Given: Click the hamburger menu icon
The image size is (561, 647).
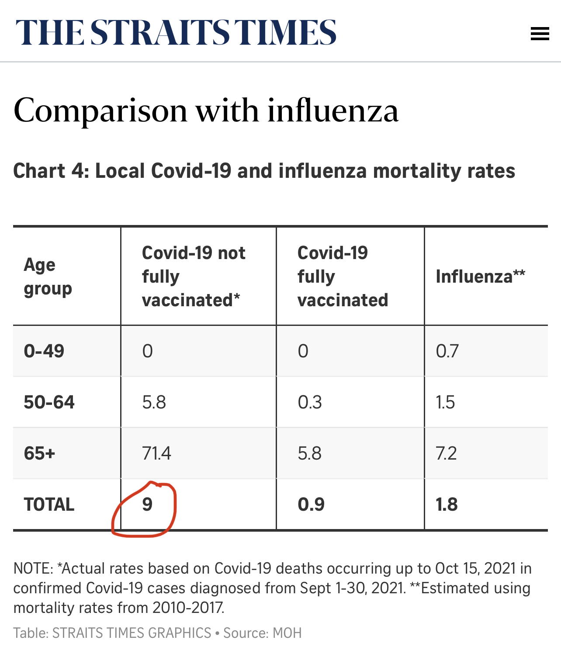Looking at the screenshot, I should (x=540, y=34).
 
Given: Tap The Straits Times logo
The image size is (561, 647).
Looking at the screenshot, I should (x=176, y=33).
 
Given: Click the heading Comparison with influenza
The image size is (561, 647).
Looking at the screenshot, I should (x=206, y=111).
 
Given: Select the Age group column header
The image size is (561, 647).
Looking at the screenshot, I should (x=48, y=277).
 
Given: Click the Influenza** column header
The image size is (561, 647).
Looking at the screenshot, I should (x=480, y=277).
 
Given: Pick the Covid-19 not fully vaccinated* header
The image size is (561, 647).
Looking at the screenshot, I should (x=194, y=277).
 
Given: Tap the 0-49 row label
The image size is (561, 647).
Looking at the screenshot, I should (x=44, y=351).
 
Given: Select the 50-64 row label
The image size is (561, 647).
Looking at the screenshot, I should (x=49, y=402).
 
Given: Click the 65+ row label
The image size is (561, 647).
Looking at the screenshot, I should (x=40, y=453).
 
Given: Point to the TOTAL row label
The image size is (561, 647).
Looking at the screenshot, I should (x=49, y=505).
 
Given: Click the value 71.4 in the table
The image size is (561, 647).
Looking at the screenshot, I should (x=156, y=453).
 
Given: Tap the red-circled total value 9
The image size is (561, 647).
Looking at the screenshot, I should (x=147, y=505).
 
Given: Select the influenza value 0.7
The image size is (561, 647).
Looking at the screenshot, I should (x=447, y=351).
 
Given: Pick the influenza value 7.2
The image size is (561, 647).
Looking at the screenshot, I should (x=446, y=453).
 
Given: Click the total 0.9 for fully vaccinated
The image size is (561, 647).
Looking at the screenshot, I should (x=311, y=505).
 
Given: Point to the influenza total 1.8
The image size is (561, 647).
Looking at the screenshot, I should (x=447, y=505).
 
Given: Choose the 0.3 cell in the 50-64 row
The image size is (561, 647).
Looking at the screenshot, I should (x=310, y=402).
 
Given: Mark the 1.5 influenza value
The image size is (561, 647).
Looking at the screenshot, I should (x=445, y=402).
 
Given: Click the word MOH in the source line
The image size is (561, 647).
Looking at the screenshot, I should (x=287, y=633).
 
